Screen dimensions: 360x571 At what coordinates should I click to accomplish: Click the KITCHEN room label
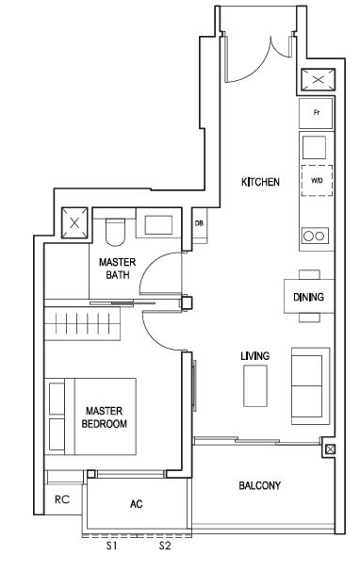[260, 182]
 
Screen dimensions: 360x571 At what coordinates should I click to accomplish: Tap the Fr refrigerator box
[316, 113]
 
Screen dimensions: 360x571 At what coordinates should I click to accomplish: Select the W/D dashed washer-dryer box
[317, 181]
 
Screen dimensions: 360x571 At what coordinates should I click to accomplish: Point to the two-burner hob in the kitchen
[315, 236]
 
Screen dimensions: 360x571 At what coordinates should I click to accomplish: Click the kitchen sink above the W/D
[314, 148]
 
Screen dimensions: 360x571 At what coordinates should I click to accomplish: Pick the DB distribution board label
[199, 223]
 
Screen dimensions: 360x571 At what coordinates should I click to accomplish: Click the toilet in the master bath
[115, 232]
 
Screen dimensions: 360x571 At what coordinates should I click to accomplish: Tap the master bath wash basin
[158, 224]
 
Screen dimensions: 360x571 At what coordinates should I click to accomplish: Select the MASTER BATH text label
[117, 268]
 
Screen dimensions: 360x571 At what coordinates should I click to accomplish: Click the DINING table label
[308, 297]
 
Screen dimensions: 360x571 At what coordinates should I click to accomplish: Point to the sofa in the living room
[310, 386]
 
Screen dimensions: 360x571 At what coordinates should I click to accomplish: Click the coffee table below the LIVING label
[255, 386]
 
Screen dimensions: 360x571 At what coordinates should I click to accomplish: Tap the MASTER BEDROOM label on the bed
[105, 417]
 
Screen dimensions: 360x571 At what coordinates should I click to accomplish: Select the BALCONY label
[260, 485]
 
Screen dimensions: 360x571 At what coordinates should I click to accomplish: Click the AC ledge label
[137, 504]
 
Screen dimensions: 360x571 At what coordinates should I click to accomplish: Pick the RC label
[62, 499]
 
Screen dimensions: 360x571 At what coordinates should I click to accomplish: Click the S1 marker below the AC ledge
[111, 546]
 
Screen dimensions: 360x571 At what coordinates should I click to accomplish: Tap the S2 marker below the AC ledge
[165, 546]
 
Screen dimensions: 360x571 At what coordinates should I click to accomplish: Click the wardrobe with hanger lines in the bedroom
[82, 323]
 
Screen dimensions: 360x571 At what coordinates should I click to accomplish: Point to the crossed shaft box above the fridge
[319, 80]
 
